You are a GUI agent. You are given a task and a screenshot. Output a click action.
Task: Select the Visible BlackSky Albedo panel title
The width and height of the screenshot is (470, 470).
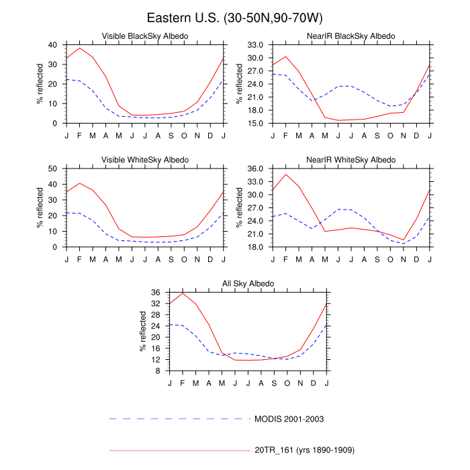[x=144, y=36]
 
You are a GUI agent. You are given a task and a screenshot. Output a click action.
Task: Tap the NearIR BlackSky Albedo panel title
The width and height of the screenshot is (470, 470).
[x=351, y=36]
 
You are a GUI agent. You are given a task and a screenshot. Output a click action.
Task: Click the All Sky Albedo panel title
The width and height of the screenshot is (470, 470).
[x=248, y=284]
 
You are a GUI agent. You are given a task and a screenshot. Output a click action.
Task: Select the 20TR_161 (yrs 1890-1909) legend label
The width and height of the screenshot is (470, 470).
[x=304, y=449]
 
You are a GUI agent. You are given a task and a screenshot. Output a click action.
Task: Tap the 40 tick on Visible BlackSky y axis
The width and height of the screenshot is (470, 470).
[x=54, y=45]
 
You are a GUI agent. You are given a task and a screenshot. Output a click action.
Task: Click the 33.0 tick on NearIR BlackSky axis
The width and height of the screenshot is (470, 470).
[x=256, y=45]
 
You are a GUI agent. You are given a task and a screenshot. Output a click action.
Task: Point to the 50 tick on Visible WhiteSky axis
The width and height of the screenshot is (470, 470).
[x=54, y=169]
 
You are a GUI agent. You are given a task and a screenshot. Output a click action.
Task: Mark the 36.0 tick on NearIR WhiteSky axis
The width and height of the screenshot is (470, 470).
[x=256, y=169]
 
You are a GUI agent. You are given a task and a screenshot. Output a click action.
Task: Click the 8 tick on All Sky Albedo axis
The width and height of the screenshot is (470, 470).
[x=161, y=371]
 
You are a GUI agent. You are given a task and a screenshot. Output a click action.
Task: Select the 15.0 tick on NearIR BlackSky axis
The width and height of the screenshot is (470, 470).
[x=256, y=124]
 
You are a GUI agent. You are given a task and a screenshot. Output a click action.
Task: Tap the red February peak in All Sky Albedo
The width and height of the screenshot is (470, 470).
[x=183, y=293]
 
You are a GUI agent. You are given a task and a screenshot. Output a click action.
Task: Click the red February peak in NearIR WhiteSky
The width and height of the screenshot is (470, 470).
[x=286, y=174]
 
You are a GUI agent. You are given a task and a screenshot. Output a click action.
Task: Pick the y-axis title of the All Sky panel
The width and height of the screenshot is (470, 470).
[x=143, y=332]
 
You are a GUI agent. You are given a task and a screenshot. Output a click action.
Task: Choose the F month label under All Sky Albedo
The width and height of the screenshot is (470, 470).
[x=183, y=383]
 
